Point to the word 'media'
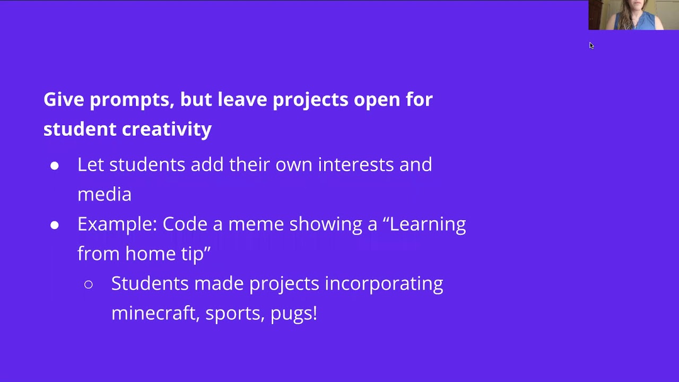(104, 194)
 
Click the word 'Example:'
(117, 224)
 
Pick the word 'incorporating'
(384, 283)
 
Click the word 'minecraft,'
(155, 313)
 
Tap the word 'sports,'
(235, 313)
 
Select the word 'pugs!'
(294, 313)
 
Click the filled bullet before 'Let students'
(55, 166)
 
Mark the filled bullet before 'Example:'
(55, 225)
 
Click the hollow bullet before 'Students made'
(89, 285)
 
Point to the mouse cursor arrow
(591, 45)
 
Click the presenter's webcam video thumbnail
(633, 15)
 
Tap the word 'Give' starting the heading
(64, 100)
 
